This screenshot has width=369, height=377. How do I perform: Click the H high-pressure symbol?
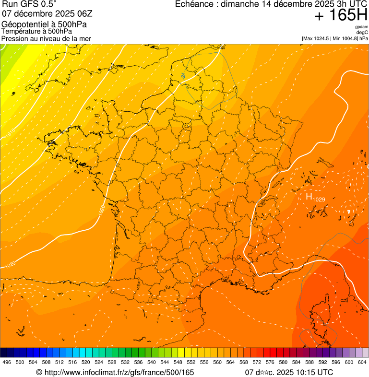pyautogui.click(x=309, y=196)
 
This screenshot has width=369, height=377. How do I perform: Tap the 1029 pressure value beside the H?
pyautogui.click(x=319, y=199)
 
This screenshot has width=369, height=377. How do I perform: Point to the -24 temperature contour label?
pyautogui.click(x=183, y=75)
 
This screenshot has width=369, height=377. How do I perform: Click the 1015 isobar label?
pyautogui.click(x=11, y=135)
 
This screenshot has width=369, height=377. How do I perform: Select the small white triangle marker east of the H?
pyautogui.click(x=349, y=212)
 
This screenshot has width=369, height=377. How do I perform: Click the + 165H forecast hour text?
pyautogui.click(x=341, y=15)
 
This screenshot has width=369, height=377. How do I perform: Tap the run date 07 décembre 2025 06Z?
pyautogui.click(x=47, y=13)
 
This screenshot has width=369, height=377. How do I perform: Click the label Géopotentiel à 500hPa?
pyautogui.click(x=44, y=24)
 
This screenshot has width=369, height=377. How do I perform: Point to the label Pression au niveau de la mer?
pyautogui.click(x=46, y=38)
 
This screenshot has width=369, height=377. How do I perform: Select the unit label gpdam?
pyautogui.click(x=361, y=27)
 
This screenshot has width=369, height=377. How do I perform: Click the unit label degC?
pyautogui.click(x=362, y=32)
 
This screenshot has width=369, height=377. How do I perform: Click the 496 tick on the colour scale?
pyautogui.click(x=7, y=362)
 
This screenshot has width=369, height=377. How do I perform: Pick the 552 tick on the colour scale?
pyautogui.click(x=191, y=362)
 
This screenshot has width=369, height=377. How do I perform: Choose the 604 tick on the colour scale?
pyautogui.click(x=362, y=362)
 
